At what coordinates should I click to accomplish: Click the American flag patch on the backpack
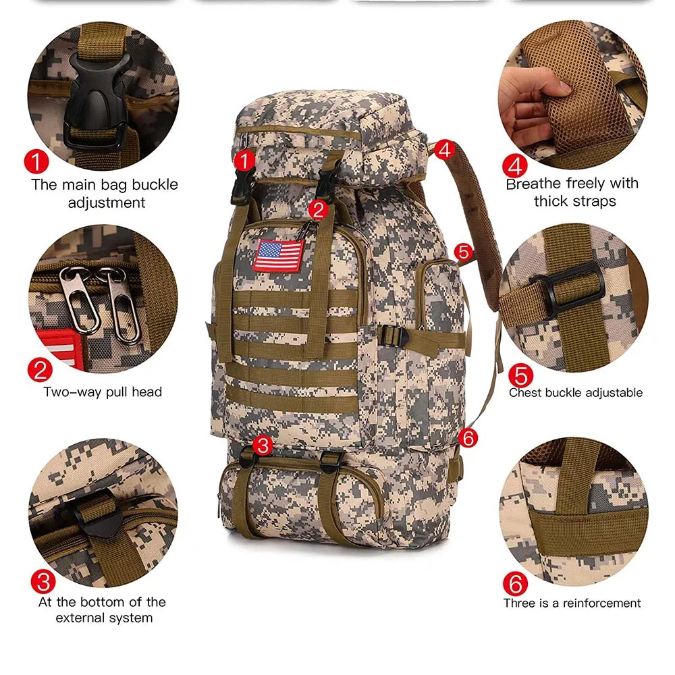pos(279,254)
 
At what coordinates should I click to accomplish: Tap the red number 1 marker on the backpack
pos(244,160)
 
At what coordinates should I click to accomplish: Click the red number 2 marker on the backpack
pos(319,209)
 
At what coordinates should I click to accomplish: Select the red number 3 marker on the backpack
pos(264,445)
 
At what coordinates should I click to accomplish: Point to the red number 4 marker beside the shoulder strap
pos(443,149)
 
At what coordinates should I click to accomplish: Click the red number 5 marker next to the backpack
pos(463,252)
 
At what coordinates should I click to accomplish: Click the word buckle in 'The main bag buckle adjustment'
pos(157,184)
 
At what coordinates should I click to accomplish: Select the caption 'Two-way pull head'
pos(103,391)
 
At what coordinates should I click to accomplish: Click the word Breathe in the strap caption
pos(533,183)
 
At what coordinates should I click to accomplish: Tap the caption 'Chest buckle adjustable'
pos(575,392)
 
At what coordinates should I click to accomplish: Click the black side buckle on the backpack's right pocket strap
pos(393,335)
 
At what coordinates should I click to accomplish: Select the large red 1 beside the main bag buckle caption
pos(37,162)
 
